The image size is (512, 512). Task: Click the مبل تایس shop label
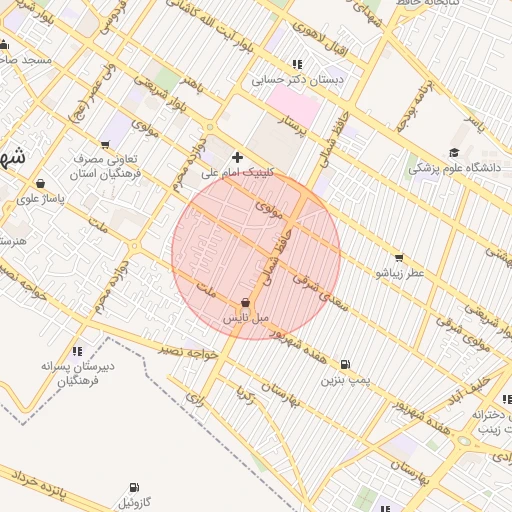pyautogui.click(x=245, y=318)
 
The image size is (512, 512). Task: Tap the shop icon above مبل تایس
pyautogui.click(x=246, y=303)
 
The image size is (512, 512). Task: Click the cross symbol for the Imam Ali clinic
pyautogui.click(x=237, y=157)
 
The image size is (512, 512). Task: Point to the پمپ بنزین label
pyautogui.click(x=345, y=380)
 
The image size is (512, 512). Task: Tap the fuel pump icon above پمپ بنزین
pyautogui.click(x=345, y=365)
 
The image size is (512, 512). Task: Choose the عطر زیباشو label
pyautogui.click(x=399, y=272)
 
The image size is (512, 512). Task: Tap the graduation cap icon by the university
pyautogui.click(x=454, y=153)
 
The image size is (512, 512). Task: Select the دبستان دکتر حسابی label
pyautogui.click(x=296, y=79)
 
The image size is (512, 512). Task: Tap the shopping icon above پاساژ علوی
pyautogui.click(x=40, y=183)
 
